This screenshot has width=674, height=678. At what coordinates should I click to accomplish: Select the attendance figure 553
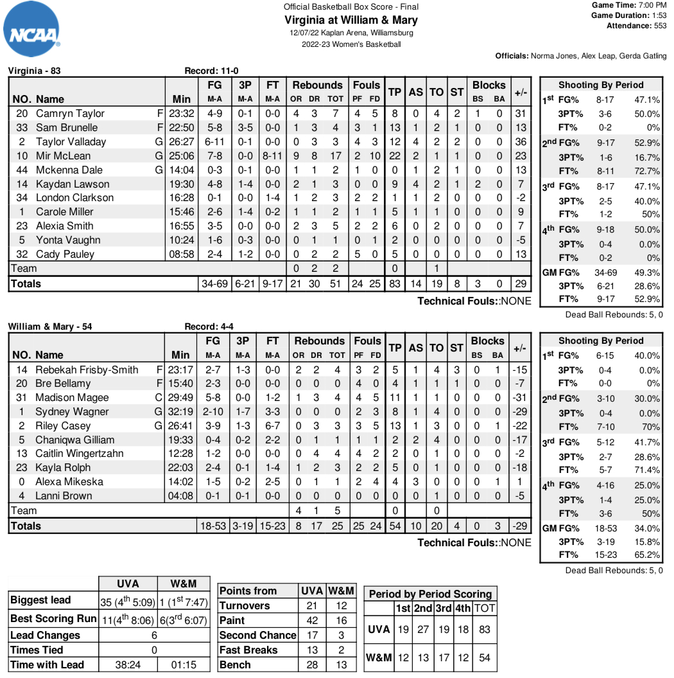659,26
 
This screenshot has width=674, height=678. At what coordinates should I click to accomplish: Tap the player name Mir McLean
63,156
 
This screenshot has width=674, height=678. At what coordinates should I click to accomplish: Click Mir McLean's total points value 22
395,156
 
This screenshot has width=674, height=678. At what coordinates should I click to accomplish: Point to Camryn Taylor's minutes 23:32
181,113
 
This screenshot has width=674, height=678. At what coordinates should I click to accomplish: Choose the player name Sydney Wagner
72,411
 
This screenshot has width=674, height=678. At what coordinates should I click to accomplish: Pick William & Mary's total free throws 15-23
273,526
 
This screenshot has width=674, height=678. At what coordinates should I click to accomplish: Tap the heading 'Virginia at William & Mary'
351,20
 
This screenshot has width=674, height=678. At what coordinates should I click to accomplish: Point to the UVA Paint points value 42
312,620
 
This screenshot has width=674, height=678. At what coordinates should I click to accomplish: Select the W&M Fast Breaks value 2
341,650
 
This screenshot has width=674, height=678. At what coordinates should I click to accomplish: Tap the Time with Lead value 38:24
128,665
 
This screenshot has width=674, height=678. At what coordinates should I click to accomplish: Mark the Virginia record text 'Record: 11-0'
211,71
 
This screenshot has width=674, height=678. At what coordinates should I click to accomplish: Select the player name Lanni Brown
64,495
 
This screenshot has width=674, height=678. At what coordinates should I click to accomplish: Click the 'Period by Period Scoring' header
430,594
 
